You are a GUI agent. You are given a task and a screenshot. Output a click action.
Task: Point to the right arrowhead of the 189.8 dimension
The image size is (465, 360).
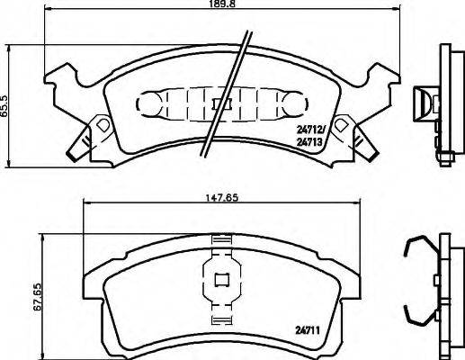[393, 12]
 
